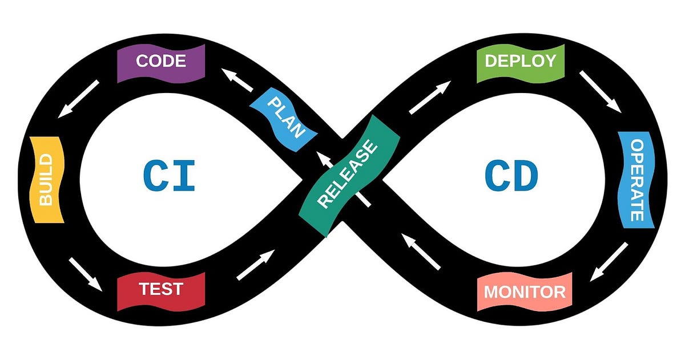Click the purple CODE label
[161, 62]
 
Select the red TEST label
[161, 290]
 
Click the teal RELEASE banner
[348, 176]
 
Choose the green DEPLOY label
[520, 62]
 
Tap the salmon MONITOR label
[525, 292]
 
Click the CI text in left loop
[170, 176]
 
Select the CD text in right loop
[511, 176]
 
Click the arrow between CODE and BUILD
[78, 99]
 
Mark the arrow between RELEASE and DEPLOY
[430, 98]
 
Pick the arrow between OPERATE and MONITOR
[609, 261]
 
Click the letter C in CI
[154, 176]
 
